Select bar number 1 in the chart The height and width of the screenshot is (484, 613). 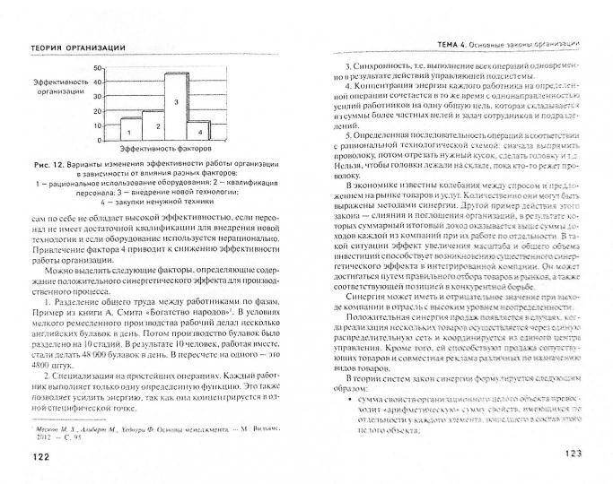click(131, 125)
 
